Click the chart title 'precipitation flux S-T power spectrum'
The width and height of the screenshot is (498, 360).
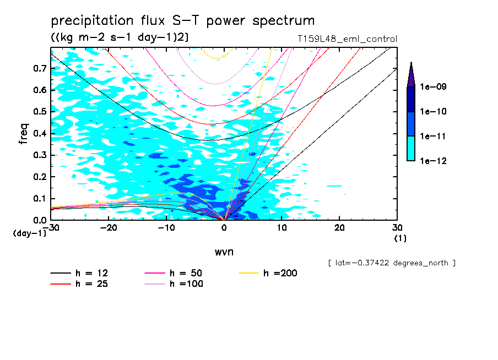[x=183, y=21]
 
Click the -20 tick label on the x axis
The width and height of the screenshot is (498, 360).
[x=108, y=228]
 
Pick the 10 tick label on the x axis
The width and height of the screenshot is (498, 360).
[x=282, y=228]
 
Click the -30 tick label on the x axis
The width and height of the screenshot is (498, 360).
[x=50, y=228]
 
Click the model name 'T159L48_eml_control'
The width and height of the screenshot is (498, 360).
[x=346, y=39]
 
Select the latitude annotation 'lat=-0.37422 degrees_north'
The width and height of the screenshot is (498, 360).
[x=391, y=263]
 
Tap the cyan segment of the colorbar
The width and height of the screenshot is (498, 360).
[x=411, y=149]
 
